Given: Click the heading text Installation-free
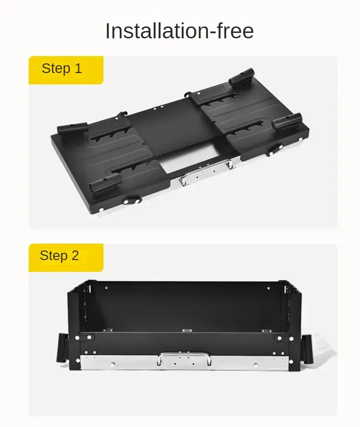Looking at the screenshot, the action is pyautogui.click(x=180, y=31).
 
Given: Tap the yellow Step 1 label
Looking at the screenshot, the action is pyautogui.click(x=66, y=70).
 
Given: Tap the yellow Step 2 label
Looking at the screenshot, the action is pyautogui.click(x=66, y=257).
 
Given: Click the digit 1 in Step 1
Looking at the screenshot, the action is pyautogui.click(x=78, y=68).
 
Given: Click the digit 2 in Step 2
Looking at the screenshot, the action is pyautogui.click(x=75, y=255).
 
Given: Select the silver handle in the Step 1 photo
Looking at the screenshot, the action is pyautogui.click(x=206, y=171).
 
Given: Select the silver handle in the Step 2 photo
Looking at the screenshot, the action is pyautogui.click(x=184, y=358).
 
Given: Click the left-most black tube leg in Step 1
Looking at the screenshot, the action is pyautogui.click(x=72, y=128).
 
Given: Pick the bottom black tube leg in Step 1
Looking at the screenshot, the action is pyautogui.click(x=106, y=183).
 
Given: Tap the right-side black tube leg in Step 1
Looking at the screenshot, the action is pyautogui.click(x=287, y=121).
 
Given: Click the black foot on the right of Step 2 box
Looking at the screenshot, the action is pyautogui.click(x=306, y=348).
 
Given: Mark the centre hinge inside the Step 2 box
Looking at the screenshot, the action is pyautogui.click(x=187, y=330).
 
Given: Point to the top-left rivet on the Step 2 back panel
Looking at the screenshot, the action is pyautogui.click(x=106, y=288).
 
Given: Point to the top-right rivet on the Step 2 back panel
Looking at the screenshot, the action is pyautogui.click(x=268, y=288).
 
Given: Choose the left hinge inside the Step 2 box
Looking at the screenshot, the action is pyautogui.click(x=108, y=330).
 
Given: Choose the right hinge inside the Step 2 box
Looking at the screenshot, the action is pyautogui.click(x=267, y=331).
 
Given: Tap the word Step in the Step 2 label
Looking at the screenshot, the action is pyautogui.click(x=54, y=256).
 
